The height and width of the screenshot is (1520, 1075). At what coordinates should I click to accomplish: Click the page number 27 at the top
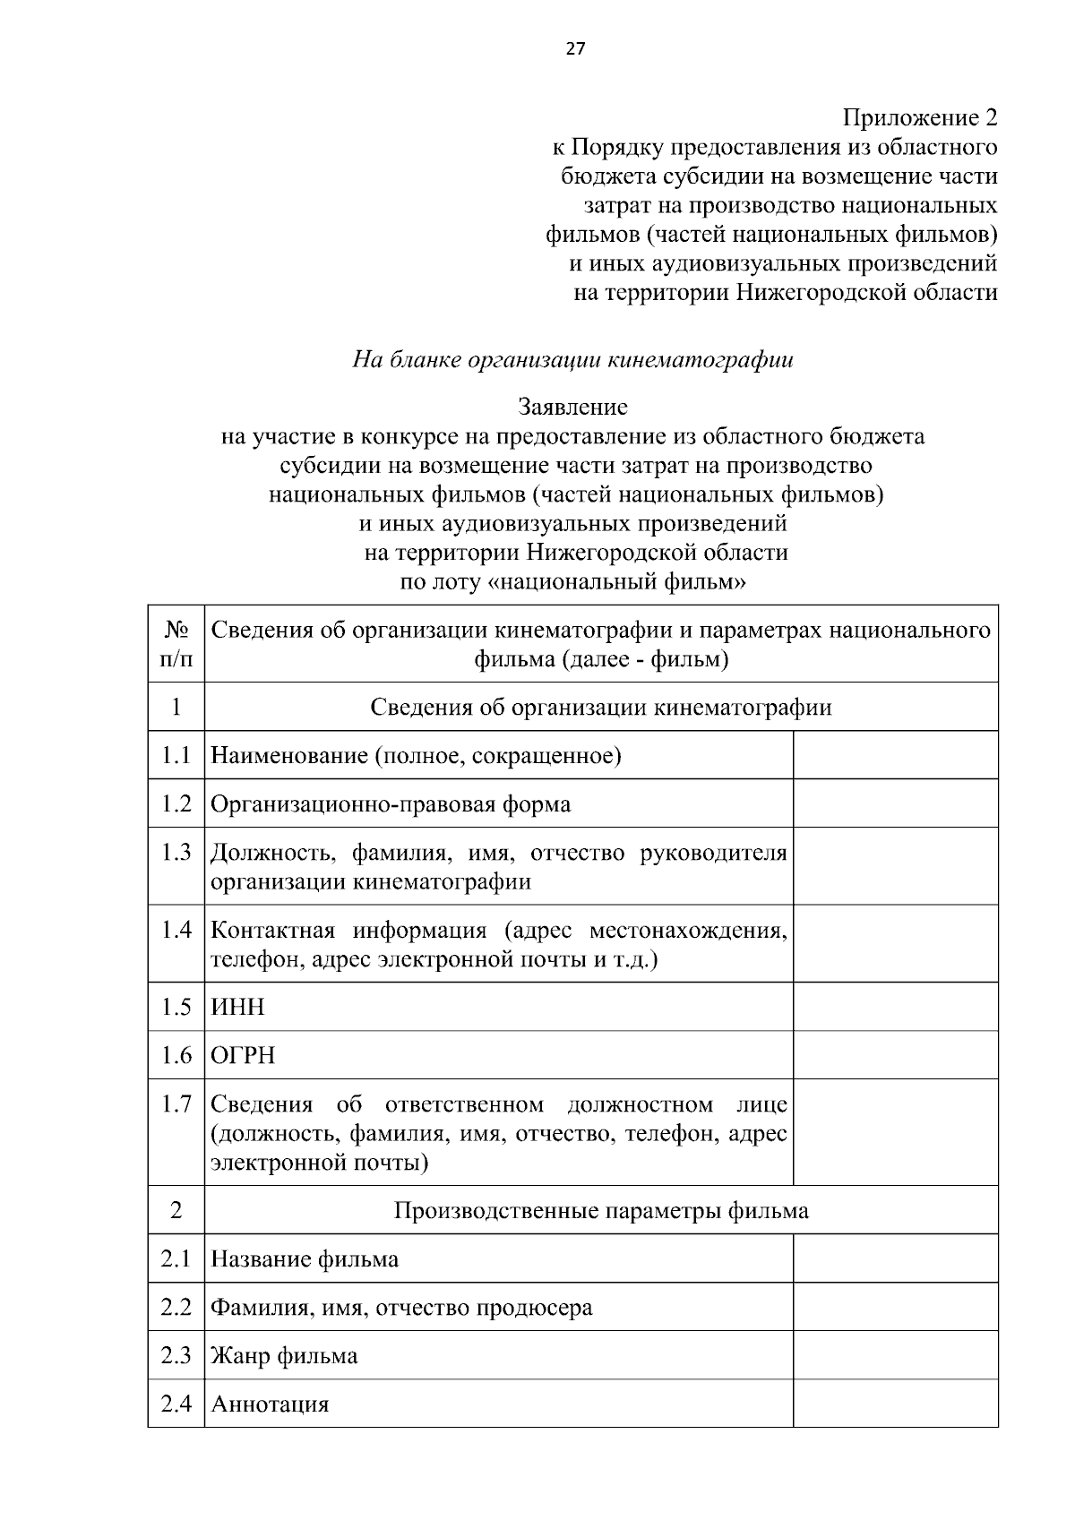(x=574, y=49)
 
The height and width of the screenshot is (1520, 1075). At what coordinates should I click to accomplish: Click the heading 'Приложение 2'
(x=919, y=118)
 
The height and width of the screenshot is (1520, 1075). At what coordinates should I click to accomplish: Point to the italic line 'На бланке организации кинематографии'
(x=572, y=360)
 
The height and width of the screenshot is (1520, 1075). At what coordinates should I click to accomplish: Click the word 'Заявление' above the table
(x=572, y=408)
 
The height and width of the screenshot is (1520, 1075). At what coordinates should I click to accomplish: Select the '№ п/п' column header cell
(x=176, y=644)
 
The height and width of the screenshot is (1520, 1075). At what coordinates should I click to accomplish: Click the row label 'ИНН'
(x=237, y=1007)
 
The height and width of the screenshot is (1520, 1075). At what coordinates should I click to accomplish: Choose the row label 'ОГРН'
(x=243, y=1055)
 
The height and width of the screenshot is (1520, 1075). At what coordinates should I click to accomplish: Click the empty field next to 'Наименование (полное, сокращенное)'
(x=895, y=755)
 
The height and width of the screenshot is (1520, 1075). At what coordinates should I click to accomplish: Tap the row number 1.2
(x=176, y=803)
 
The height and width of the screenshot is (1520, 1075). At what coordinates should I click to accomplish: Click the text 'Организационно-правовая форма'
(x=390, y=803)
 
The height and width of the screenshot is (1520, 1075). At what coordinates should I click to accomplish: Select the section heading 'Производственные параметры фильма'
(x=601, y=1211)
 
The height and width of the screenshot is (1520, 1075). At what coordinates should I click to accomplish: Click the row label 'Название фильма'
(x=305, y=1259)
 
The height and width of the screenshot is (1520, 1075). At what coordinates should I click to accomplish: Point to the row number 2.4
(x=176, y=1404)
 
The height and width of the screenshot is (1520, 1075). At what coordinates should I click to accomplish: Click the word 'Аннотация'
(x=270, y=1404)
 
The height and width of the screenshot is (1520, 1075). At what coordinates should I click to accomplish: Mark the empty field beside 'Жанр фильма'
(x=895, y=1355)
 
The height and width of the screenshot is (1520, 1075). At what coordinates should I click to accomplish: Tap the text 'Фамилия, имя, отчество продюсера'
(x=401, y=1308)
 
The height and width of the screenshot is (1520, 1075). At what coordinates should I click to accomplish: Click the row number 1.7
(x=176, y=1104)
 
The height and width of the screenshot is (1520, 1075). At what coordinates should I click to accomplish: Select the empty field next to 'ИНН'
(x=895, y=1007)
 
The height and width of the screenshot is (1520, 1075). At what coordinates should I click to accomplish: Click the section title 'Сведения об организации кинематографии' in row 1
(x=601, y=708)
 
